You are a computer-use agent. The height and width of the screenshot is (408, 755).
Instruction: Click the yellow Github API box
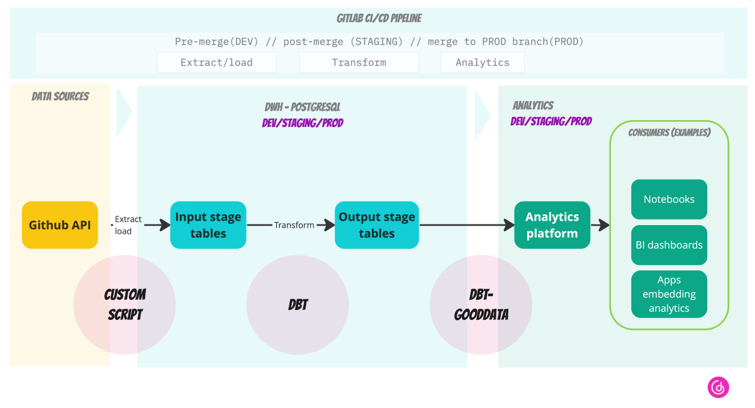(60, 224)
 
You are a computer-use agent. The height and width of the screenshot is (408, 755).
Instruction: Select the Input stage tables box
(208, 224)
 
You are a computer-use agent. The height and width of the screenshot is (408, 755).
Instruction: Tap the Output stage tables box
(376, 224)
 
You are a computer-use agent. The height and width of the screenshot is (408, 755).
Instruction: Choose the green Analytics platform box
(552, 224)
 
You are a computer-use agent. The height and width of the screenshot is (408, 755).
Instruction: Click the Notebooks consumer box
(669, 199)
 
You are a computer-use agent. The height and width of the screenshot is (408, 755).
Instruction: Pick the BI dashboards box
(669, 245)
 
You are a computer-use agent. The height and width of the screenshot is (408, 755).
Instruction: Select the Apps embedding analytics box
(669, 294)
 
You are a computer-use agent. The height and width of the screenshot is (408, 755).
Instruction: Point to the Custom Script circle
(125, 304)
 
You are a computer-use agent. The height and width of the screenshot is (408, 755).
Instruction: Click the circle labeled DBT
(298, 304)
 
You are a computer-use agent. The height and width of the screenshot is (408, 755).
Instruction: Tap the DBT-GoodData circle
(481, 304)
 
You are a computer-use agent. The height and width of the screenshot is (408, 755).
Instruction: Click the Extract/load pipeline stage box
(216, 62)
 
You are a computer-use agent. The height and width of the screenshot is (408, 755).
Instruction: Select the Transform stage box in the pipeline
(359, 62)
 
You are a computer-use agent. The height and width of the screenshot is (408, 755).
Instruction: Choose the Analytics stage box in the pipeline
(483, 62)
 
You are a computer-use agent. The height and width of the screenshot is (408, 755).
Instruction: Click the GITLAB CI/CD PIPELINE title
(379, 18)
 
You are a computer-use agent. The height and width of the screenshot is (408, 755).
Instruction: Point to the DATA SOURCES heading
(60, 96)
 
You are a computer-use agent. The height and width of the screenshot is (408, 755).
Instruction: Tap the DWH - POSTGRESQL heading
(303, 107)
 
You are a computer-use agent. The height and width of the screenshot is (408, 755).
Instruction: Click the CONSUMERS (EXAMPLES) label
(669, 133)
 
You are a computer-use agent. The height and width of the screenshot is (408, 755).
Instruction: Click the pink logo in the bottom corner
(718, 387)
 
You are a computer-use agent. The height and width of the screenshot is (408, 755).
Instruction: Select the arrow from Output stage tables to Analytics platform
(466, 224)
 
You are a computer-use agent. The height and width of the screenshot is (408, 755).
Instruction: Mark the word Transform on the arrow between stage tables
(294, 225)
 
